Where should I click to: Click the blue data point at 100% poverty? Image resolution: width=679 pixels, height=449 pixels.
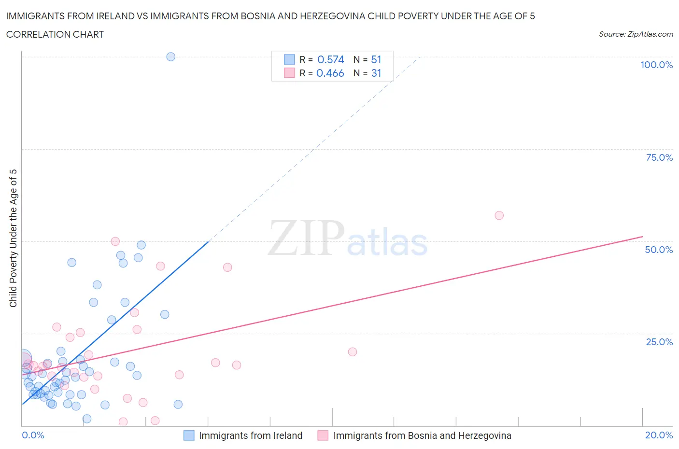(170, 56)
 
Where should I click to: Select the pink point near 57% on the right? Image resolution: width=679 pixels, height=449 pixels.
(499, 215)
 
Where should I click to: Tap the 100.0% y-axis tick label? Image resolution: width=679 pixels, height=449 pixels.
(656, 65)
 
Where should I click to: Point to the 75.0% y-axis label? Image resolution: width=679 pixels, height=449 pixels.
(659, 157)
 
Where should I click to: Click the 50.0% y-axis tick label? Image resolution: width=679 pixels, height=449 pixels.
(659, 250)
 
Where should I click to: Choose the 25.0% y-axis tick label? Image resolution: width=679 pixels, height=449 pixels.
(659, 342)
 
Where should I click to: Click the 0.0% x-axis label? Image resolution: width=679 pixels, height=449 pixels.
(33, 435)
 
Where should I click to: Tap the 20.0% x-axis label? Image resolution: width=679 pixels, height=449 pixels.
(659, 435)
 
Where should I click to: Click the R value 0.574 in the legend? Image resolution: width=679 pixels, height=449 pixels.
(330, 59)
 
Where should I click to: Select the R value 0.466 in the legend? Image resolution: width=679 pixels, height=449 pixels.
(330, 73)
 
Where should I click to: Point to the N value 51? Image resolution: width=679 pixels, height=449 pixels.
(376, 59)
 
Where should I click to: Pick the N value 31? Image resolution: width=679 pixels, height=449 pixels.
(376, 73)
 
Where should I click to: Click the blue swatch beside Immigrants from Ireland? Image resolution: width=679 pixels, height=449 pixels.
(189, 435)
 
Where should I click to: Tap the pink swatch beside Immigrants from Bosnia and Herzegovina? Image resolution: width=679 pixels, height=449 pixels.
(323, 435)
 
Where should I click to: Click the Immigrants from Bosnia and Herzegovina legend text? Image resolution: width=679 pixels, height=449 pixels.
(422, 435)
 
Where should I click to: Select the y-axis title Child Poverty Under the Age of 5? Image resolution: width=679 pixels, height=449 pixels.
(14, 238)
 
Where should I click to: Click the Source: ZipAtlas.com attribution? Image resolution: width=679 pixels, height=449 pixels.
(636, 34)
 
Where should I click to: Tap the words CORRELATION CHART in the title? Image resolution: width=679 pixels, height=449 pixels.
(55, 34)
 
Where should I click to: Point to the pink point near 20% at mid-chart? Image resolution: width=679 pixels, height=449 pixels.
(352, 351)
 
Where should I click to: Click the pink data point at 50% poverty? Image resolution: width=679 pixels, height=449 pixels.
(115, 241)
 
